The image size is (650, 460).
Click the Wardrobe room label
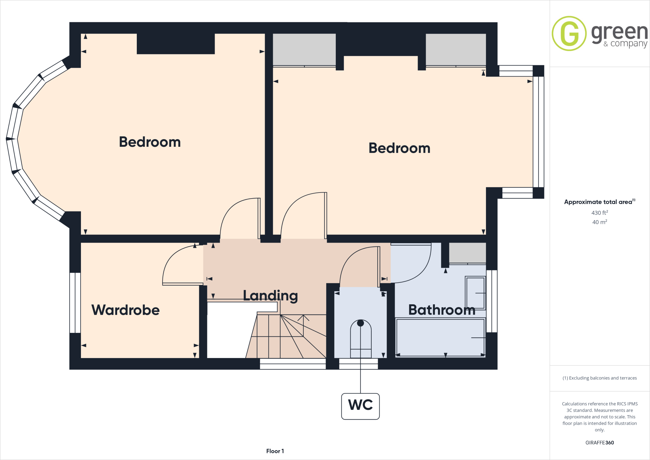pyautogui.click(x=125, y=310)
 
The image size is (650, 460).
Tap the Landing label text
pyautogui.click(x=270, y=296)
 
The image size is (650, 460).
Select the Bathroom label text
pyautogui.click(x=441, y=310)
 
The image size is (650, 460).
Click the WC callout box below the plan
pyautogui.click(x=360, y=406)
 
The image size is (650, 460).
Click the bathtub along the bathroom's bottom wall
pyautogui.click(x=440, y=337)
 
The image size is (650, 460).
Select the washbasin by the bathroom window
pyautogui.click(x=475, y=293)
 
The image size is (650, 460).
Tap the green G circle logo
pyautogui.click(x=569, y=33)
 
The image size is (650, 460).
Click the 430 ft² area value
pyautogui.click(x=599, y=213)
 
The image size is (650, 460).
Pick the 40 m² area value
pyautogui.click(x=599, y=222)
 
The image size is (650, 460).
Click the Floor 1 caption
pyautogui.click(x=275, y=451)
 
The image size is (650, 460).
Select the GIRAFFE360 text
pyautogui.click(x=599, y=443)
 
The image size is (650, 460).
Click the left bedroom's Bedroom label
pyautogui.click(x=150, y=142)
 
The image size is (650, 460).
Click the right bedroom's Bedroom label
pyautogui.click(x=399, y=148)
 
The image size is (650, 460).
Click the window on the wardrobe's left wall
pyautogui.click(x=75, y=302)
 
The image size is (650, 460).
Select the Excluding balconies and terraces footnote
pyautogui.click(x=599, y=378)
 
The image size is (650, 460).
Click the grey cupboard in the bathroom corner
pyautogui.click(x=467, y=253)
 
